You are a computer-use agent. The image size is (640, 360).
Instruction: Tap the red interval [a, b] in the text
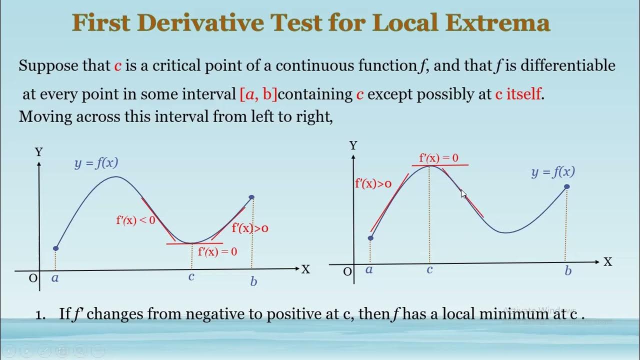click(x=258, y=94)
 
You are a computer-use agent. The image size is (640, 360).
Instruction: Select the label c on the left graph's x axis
click(x=191, y=276)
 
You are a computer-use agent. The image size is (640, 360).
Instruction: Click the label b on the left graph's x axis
click(x=253, y=281)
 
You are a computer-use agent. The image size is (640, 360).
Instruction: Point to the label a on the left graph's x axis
click(x=55, y=277)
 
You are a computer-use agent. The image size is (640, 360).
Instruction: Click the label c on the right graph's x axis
click(x=429, y=269)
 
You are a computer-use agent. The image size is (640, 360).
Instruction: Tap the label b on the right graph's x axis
click(x=568, y=271)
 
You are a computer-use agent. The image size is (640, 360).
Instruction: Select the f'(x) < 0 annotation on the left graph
click(x=135, y=220)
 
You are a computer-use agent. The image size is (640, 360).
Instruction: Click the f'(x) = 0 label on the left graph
click(x=217, y=251)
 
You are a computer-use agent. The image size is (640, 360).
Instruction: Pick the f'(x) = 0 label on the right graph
click(x=438, y=158)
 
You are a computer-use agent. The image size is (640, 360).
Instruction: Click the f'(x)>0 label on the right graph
click(x=373, y=183)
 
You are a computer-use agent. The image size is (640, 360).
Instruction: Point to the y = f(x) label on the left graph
click(x=96, y=162)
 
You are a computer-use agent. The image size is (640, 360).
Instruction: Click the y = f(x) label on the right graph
click(x=553, y=172)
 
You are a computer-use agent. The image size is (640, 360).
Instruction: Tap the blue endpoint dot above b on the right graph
click(x=567, y=186)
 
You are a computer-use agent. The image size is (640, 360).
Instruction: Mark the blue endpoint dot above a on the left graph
click(x=56, y=248)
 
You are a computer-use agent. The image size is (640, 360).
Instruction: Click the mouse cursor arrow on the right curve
click(x=463, y=193)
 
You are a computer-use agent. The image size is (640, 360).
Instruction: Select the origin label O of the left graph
click(x=33, y=278)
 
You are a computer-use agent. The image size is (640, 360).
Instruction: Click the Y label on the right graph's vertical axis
click(x=353, y=145)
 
